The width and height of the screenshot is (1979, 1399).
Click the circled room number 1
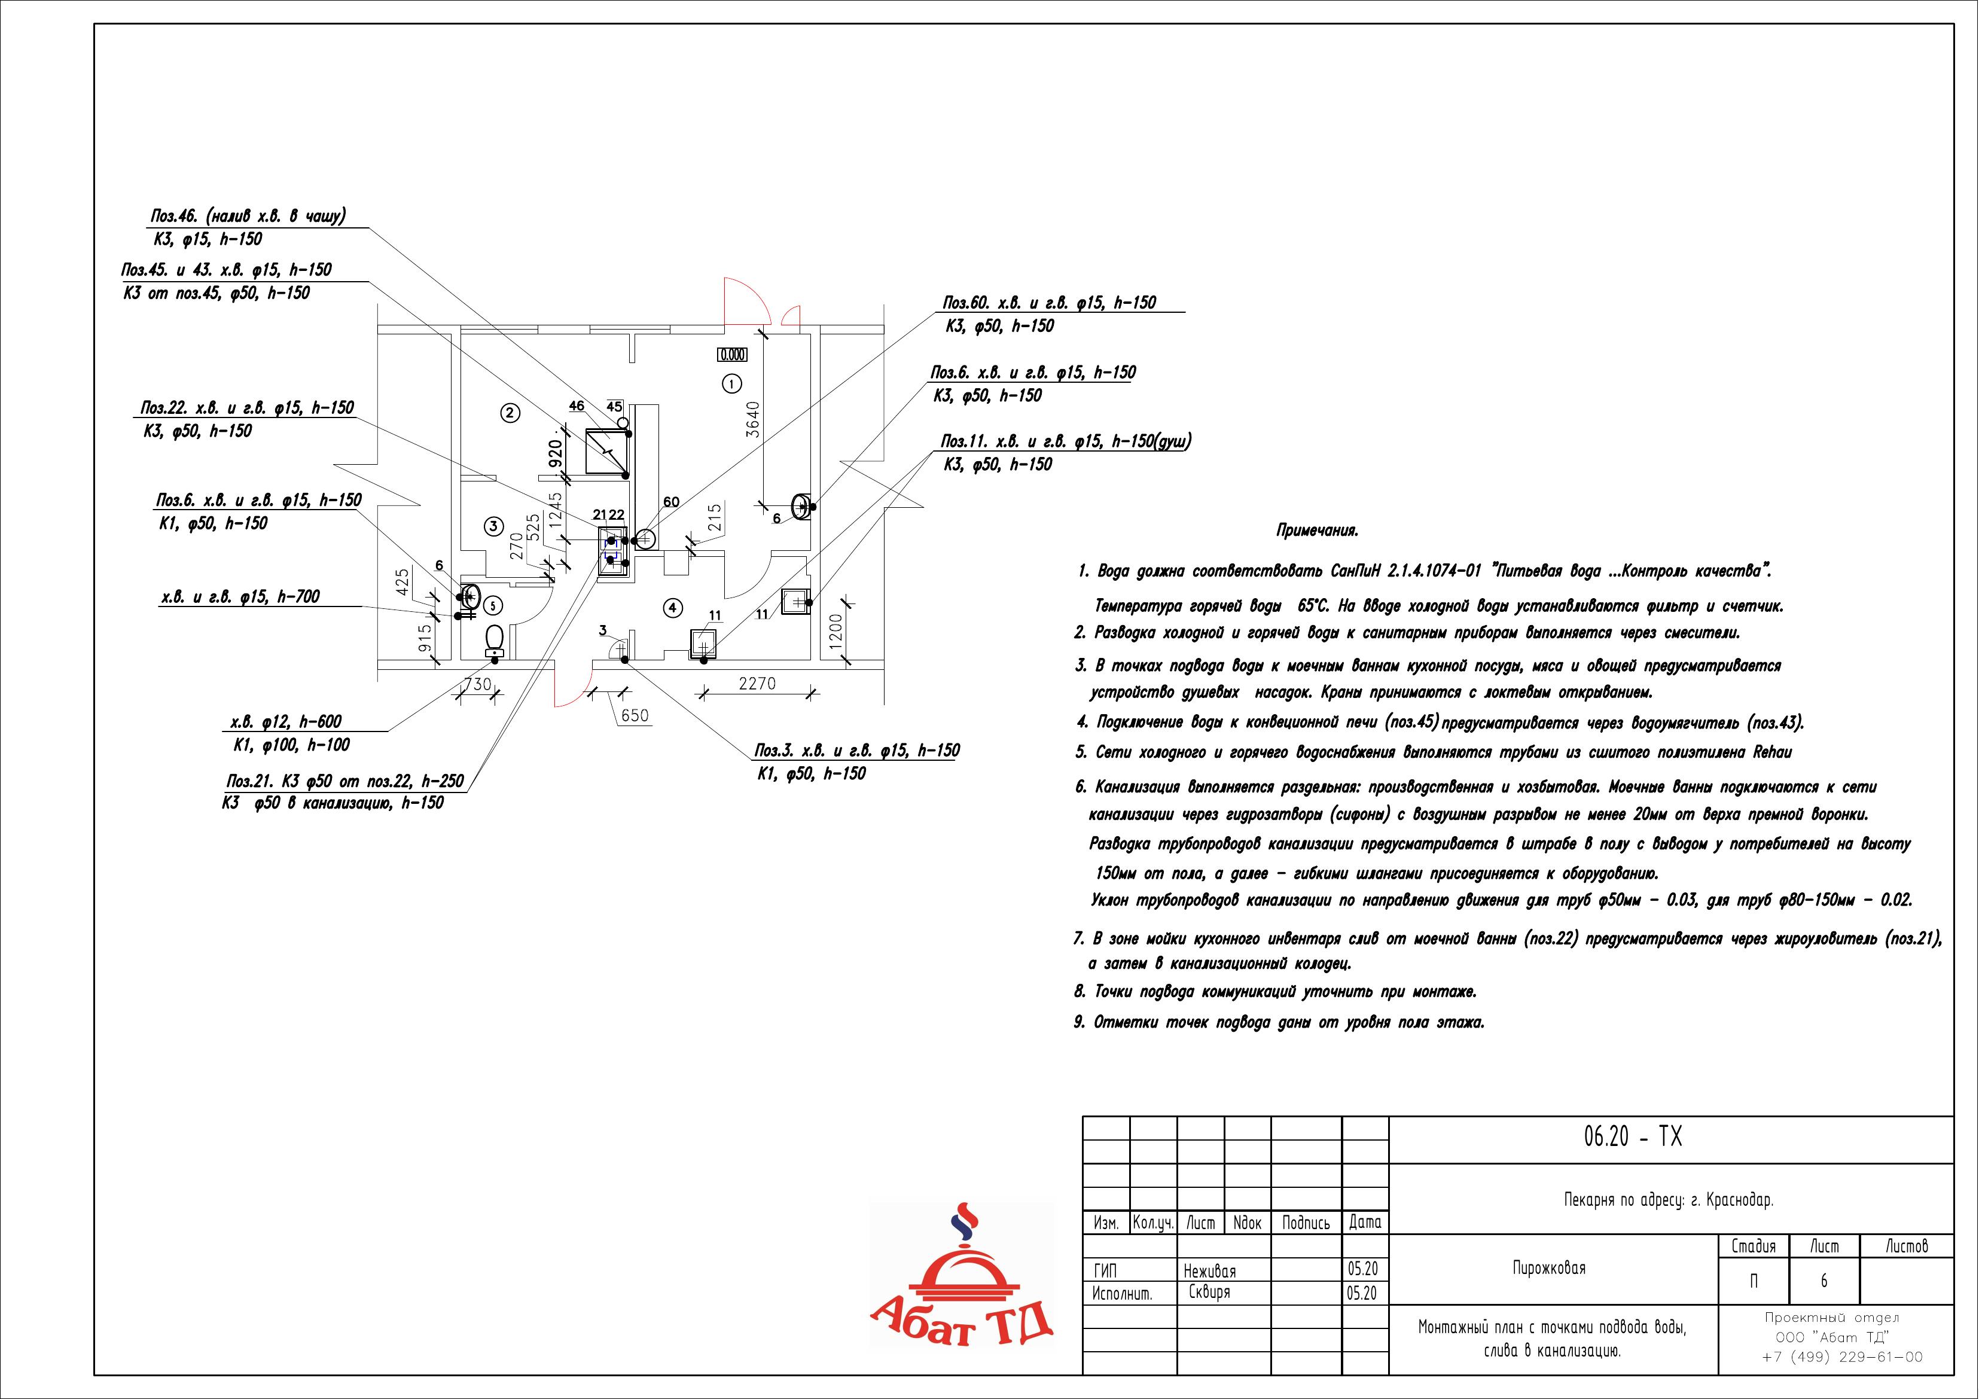(731, 383)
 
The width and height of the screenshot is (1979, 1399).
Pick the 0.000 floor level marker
(732, 354)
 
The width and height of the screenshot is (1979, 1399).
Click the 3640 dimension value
(752, 420)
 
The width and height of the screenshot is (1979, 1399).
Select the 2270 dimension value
(757, 684)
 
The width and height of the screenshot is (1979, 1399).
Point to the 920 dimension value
(555, 453)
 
